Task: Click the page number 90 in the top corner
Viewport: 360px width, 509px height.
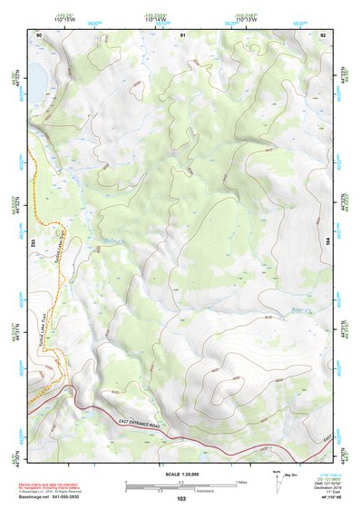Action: [38, 34]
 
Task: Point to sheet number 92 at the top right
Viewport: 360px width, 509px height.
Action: [323, 34]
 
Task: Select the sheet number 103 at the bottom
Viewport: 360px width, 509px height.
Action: [181, 498]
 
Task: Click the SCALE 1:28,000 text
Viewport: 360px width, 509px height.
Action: [180, 474]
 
